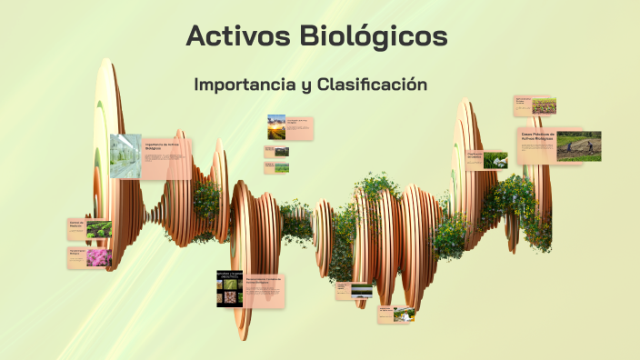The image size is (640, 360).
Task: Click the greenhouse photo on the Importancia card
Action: [x=125, y=155]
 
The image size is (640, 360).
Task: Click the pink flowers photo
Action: [x=99, y=257]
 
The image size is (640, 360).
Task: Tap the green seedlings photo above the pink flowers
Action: [x=99, y=228]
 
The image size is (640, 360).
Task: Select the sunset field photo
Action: [x=276, y=127]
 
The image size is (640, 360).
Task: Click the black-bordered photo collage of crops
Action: [x=229, y=288]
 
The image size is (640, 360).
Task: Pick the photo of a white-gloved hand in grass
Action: [x=495, y=160]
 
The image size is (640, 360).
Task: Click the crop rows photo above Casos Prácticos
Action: [x=545, y=105]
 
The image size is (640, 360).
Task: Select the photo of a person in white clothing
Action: [x=405, y=314]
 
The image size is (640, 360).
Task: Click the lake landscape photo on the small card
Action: [x=361, y=291]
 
